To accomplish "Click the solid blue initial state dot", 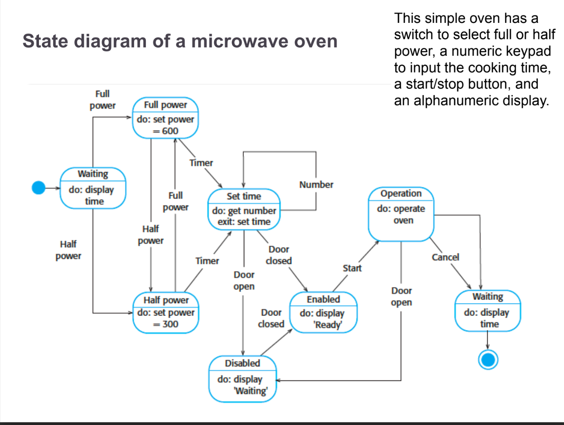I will pyautogui.click(x=39, y=188).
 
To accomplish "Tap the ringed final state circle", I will pyautogui.click(x=488, y=360).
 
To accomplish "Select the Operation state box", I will pyautogui.click(x=401, y=214).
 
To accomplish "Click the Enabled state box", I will pyautogui.click(x=323, y=312).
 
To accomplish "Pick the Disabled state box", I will pyautogui.click(x=243, y=378).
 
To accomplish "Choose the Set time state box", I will pyautogui.click(x=244, y=209).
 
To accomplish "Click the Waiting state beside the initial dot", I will pyautogui.click(x=93, y=188).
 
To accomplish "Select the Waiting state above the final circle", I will pyautogui.click(x=488, y=311).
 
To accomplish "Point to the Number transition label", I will pyautogui.click(x=316, y=185).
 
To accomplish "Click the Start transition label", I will pyautogui.click(x=352, y=268).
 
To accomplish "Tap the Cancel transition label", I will pyautogui.click(x=445, y=257).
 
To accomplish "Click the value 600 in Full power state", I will pyautogui.click(x=170, y=131).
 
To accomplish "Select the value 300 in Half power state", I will pyautogui.click(x=170, y=324).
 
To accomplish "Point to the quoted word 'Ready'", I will pyautogui.click(x=328, y=325).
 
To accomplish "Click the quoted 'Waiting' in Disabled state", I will pyautogui.click(x=251, y=391).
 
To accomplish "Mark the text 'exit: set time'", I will pyautogui.click(x=244, y=222).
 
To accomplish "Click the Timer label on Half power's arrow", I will pyautogui.click(x=207, y=261).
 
